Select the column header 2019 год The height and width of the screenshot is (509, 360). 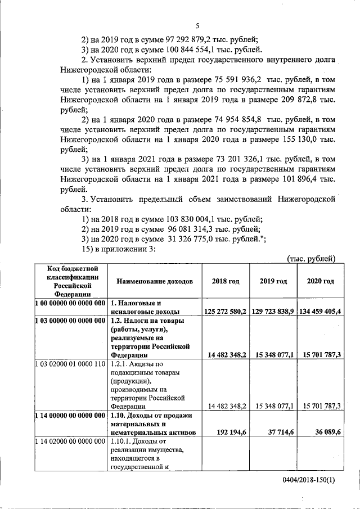[x=274, y=281]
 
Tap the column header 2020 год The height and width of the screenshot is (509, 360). [x=320, y=281]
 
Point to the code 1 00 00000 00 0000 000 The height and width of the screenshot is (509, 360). [x=70, y=303]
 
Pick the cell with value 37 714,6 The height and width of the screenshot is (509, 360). [x=280, y=433]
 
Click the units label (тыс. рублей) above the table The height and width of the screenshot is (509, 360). [x=311, y=259]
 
